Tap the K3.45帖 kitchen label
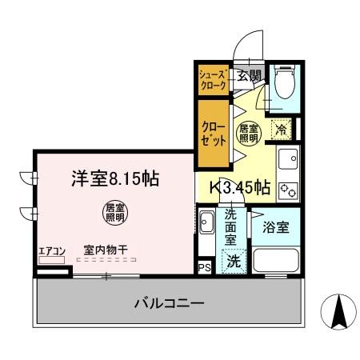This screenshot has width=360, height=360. (x=239, y=189)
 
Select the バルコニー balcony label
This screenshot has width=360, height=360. (x=168, y=304)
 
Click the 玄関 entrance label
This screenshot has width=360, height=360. (x=250, y=77)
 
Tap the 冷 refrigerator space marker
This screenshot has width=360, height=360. (x=280, y=126)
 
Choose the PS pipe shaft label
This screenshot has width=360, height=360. (x=205, y=267)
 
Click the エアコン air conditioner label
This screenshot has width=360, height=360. (x=50, y=250)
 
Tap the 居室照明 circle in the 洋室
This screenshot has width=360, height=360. (x=114, y=212)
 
